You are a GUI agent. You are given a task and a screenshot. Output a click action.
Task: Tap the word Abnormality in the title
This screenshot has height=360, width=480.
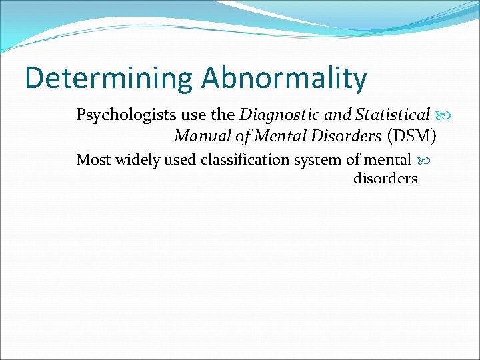coord(285,79)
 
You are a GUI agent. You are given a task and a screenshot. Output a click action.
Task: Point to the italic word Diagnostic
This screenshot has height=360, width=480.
coord(275,116)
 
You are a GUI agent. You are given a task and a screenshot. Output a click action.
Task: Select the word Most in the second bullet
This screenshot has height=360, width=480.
coord(91,160)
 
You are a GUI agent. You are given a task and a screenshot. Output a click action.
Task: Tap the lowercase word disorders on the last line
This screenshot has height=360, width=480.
coord(385,179)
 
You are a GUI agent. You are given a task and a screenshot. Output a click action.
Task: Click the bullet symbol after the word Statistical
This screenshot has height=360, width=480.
coord(445,116)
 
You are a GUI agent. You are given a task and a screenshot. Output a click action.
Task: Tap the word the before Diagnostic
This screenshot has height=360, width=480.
coord(223,116)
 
